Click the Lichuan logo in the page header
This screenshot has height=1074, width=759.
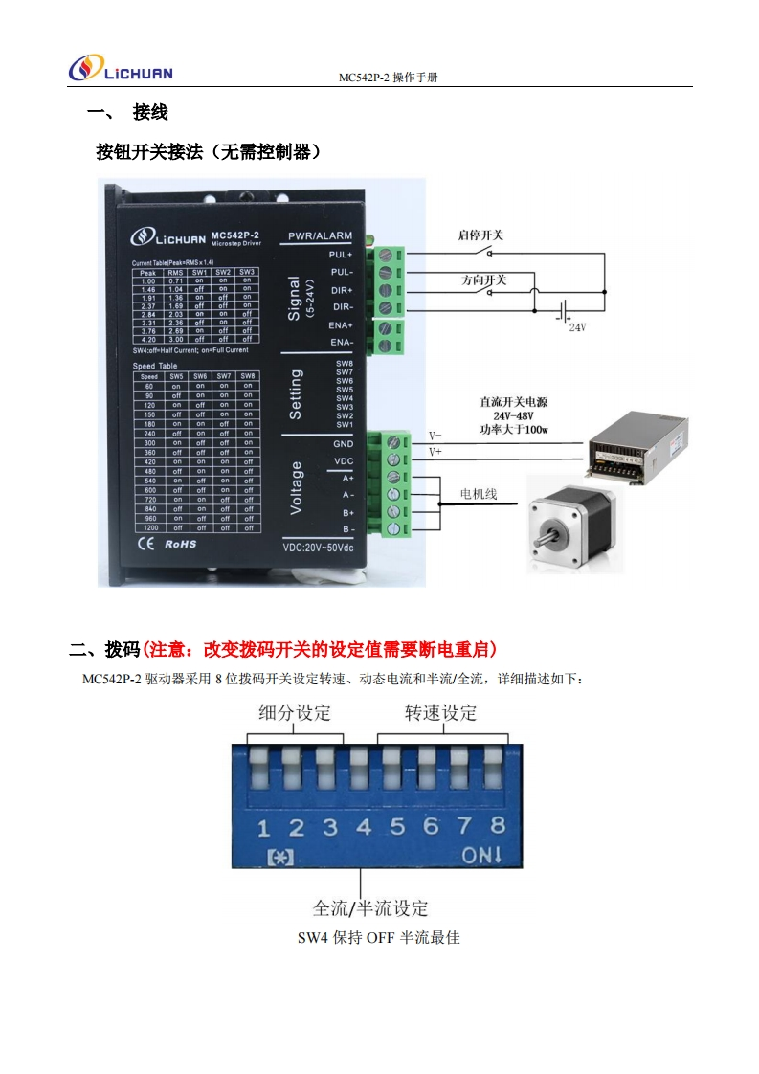click(121, 70)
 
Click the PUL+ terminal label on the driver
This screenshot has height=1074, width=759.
click(340, 255)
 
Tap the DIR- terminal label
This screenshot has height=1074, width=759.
click(340, 306)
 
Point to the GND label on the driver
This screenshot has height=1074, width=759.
click(343, 444)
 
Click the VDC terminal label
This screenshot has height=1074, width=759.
click(343, 460)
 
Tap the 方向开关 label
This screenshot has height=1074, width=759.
click(483, 280)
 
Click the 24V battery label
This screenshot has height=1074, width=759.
click(576, 326)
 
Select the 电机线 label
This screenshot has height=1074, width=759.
click(479, 494)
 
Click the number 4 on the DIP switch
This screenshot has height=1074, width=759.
click(364, 826)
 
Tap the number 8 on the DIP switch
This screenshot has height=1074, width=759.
click(498, 825)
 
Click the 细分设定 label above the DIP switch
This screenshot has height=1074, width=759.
click(295, 712)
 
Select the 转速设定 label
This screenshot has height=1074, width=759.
click(440, 712)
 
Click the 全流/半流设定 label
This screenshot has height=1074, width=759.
click(370, 907)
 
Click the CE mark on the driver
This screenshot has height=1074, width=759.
click(145, 544)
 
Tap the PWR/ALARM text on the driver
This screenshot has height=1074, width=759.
click(320, 235)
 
